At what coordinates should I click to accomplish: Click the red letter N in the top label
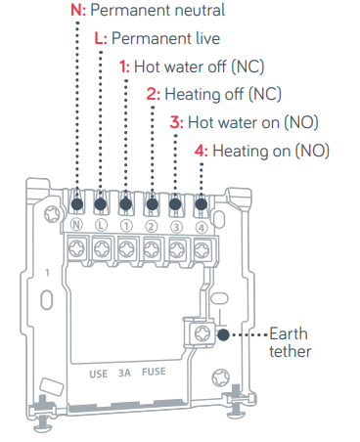point(76,10)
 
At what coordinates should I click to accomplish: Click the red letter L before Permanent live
point(99,38)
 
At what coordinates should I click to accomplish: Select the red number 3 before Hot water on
point(174,122)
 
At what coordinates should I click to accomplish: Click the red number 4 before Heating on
point(200,151)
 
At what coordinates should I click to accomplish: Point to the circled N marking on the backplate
point(76,225)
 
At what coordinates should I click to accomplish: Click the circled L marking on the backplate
point(101,225)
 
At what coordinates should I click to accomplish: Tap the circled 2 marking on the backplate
point(151,226)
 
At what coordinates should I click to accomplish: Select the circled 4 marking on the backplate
point(202,228)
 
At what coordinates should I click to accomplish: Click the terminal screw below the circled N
point(76,248)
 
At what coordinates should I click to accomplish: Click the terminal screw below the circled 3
point(176,250)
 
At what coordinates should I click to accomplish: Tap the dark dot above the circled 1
point(126,204)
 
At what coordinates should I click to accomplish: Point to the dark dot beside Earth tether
point(223,334)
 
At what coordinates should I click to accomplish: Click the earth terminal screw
point(202,333)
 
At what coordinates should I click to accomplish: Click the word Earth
point(289,333)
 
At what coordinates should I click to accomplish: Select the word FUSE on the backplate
point(154,372)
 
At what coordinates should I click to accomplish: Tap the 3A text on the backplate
point(124,373)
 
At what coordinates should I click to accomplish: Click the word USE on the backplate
point(99,374)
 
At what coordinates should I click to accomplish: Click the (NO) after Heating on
point(312,152)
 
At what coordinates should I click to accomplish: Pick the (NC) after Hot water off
point(247,66)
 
